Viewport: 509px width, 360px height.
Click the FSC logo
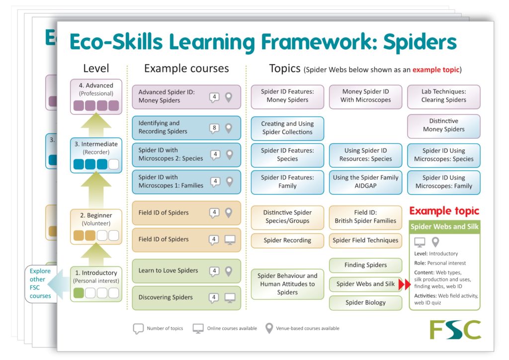tap(455, 330)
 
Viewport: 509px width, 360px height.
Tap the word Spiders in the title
tap(420, 42)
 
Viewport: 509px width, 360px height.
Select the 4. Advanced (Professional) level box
tap(96, 97)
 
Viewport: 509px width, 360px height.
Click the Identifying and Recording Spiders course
tap(186, 128)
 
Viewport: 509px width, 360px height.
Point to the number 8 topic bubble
tap(214, 128)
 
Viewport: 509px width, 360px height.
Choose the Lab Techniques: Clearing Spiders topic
tap(443, 96)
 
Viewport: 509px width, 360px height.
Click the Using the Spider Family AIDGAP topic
tap(365, 182)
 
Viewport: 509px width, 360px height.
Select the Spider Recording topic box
tap(287, 241)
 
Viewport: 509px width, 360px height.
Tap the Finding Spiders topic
tap(365, 265)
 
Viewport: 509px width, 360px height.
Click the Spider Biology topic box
tap(365, 303)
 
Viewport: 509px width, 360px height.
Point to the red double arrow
tap(405, 284)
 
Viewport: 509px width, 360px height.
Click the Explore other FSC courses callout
tap(40, 284)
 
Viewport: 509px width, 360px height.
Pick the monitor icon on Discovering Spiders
tap(230, 298)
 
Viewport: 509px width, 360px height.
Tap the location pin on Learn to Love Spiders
tap(229, 271)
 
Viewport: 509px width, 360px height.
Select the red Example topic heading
tap(444, 211)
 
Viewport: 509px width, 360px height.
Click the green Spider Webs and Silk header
tap(444, 227)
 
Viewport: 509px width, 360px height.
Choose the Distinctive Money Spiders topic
tap(443, 126)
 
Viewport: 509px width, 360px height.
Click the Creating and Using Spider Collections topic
tap(287, 128)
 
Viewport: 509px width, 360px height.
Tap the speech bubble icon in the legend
tap(138, 329)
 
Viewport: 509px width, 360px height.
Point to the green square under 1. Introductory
tap(79, 293)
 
